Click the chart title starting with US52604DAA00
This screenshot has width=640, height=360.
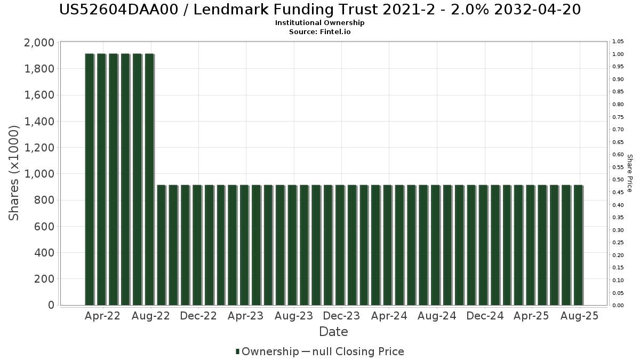(320, 10)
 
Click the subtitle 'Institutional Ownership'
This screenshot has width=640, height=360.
(320, 23)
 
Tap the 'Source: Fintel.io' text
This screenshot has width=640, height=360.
(320, 31)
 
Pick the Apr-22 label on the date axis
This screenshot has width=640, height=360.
(102, 316)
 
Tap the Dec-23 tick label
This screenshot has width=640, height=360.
(341, 316)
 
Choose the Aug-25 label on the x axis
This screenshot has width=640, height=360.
(579, 316)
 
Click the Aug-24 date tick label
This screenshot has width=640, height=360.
(437, 316)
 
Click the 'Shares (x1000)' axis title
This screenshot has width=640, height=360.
(14, 173)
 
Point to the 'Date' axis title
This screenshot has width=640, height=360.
(333, 332)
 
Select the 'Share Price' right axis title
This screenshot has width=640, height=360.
(629, 173)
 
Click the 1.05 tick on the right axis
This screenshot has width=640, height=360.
(618, 42)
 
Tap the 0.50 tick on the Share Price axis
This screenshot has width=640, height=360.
(618, 180)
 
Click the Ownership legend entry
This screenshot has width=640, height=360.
(268, 351)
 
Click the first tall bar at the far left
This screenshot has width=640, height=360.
(89, 179)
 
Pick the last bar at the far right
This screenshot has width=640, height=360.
(578, 245)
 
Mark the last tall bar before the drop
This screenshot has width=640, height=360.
(149, 179)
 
